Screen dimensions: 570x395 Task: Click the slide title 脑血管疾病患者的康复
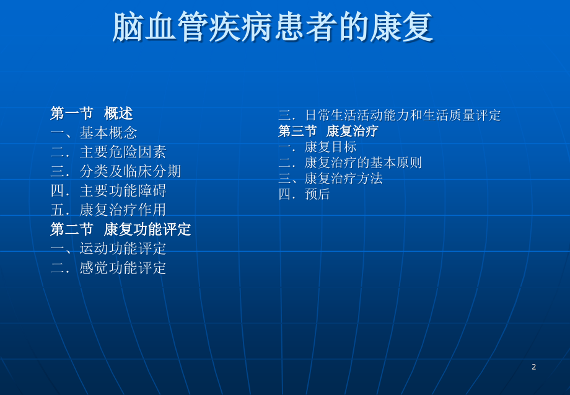(x=273, y=27)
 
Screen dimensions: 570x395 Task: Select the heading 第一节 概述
(x=92, y=113)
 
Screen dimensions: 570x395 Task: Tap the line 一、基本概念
(x=94, y=133)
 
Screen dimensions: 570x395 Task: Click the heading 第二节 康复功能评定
(x=121, y=229)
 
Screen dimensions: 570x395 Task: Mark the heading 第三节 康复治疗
(x=328, y=131)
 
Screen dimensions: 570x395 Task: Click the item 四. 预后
(x=304, y=194)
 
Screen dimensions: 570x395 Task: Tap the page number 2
(x=533, y=367)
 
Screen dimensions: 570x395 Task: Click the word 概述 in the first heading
(x=118, y=113)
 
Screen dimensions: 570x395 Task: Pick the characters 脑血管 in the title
(x=160, y=27)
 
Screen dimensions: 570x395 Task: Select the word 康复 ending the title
(x=401, y=27)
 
